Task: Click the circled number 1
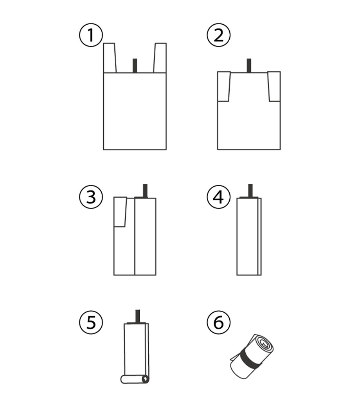point(91,35)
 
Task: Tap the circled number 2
point(219,35)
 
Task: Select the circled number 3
point(91,197)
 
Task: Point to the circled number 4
point(219,197)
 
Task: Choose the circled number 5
point(91,322)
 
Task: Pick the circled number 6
point(219,322)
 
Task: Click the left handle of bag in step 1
point(110,58)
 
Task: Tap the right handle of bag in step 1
point(160,58)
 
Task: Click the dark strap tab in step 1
point(135,66)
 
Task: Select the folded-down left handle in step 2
point(224,86)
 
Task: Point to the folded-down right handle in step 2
point(274,86)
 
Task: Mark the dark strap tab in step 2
point(249,65)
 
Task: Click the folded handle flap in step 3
point(120,212)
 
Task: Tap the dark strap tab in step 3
point(145,191)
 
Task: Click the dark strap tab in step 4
point(250,191)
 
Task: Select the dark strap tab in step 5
point(138,317)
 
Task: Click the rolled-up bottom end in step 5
point(135,379)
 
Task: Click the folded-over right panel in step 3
point(145,236)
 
